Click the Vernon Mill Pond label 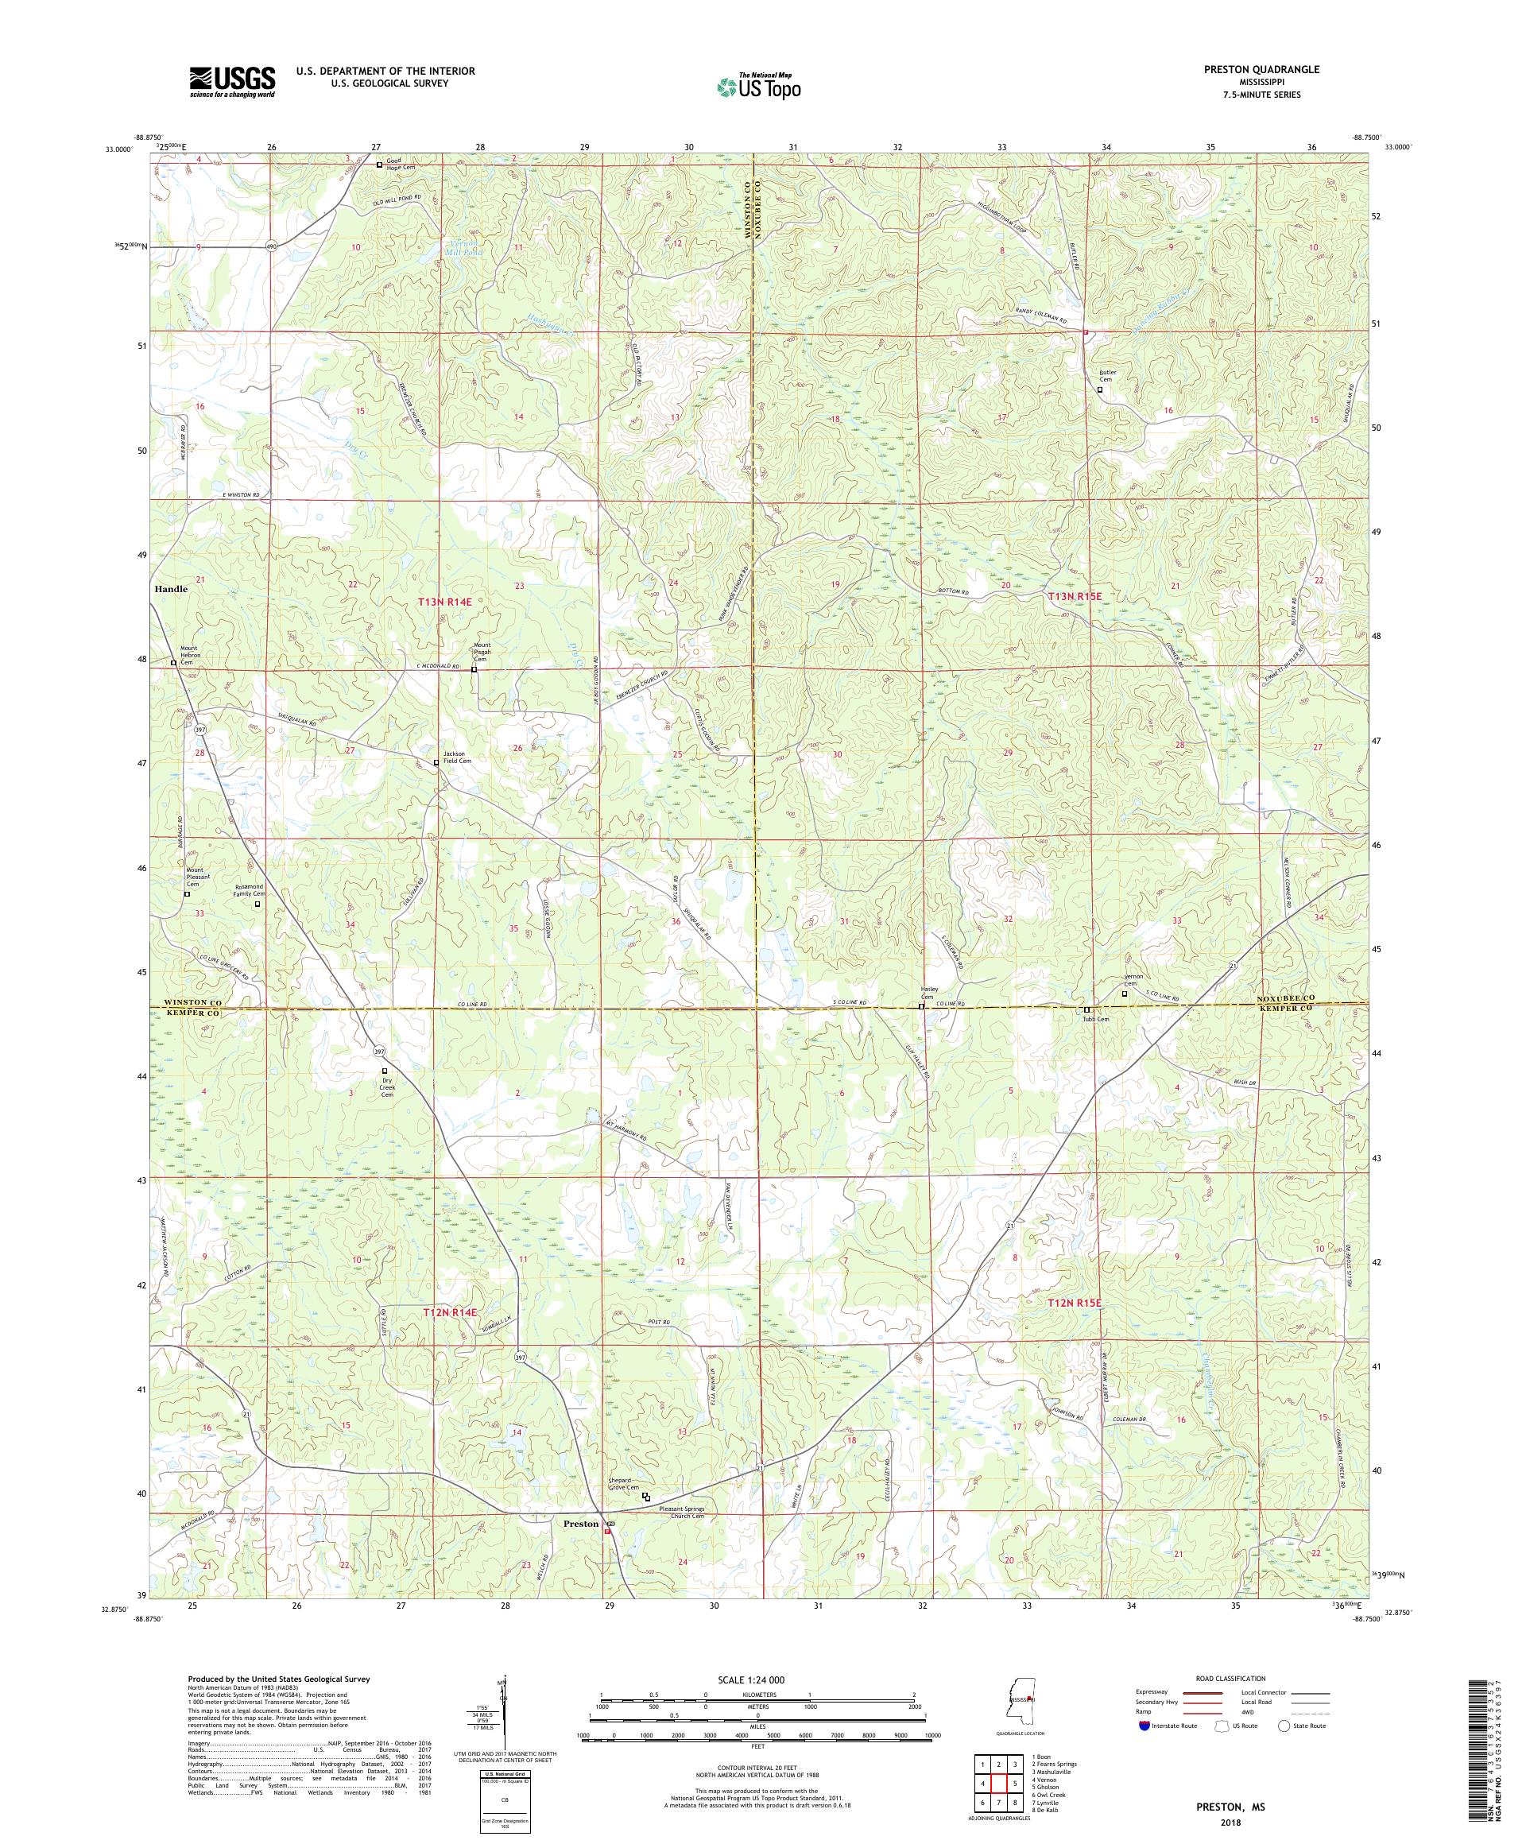(x=463, y=246)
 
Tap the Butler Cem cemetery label (x=1106, y=376)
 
